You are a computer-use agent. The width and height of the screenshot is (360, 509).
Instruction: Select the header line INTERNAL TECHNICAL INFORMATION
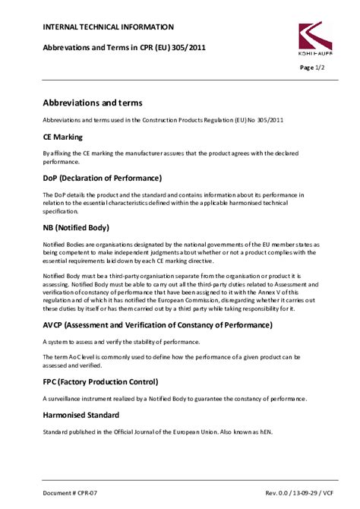(108, 27)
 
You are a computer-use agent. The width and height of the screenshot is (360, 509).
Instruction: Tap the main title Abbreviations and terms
(93, 103)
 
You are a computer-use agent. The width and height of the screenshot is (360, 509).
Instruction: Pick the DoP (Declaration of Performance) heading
(102, 179)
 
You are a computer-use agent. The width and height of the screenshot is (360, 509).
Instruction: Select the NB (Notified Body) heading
(76, 227)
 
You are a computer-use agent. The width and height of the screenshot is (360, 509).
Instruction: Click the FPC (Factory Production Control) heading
(100, 381)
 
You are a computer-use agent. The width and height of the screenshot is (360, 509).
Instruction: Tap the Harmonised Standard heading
(81, 416)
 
